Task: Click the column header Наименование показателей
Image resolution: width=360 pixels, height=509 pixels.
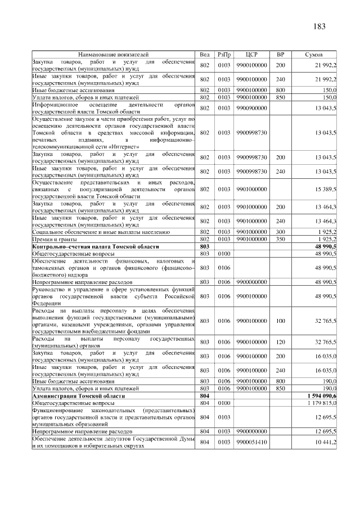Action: click(113, 55)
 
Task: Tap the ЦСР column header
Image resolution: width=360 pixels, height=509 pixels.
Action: click(251, 55)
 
